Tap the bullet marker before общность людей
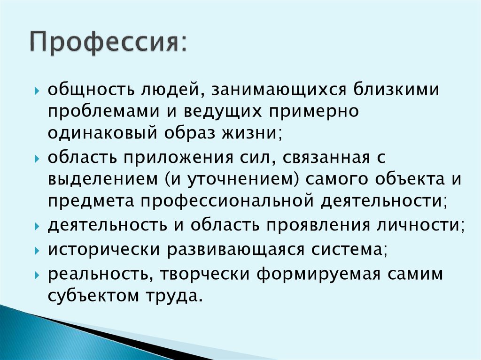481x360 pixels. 38,90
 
